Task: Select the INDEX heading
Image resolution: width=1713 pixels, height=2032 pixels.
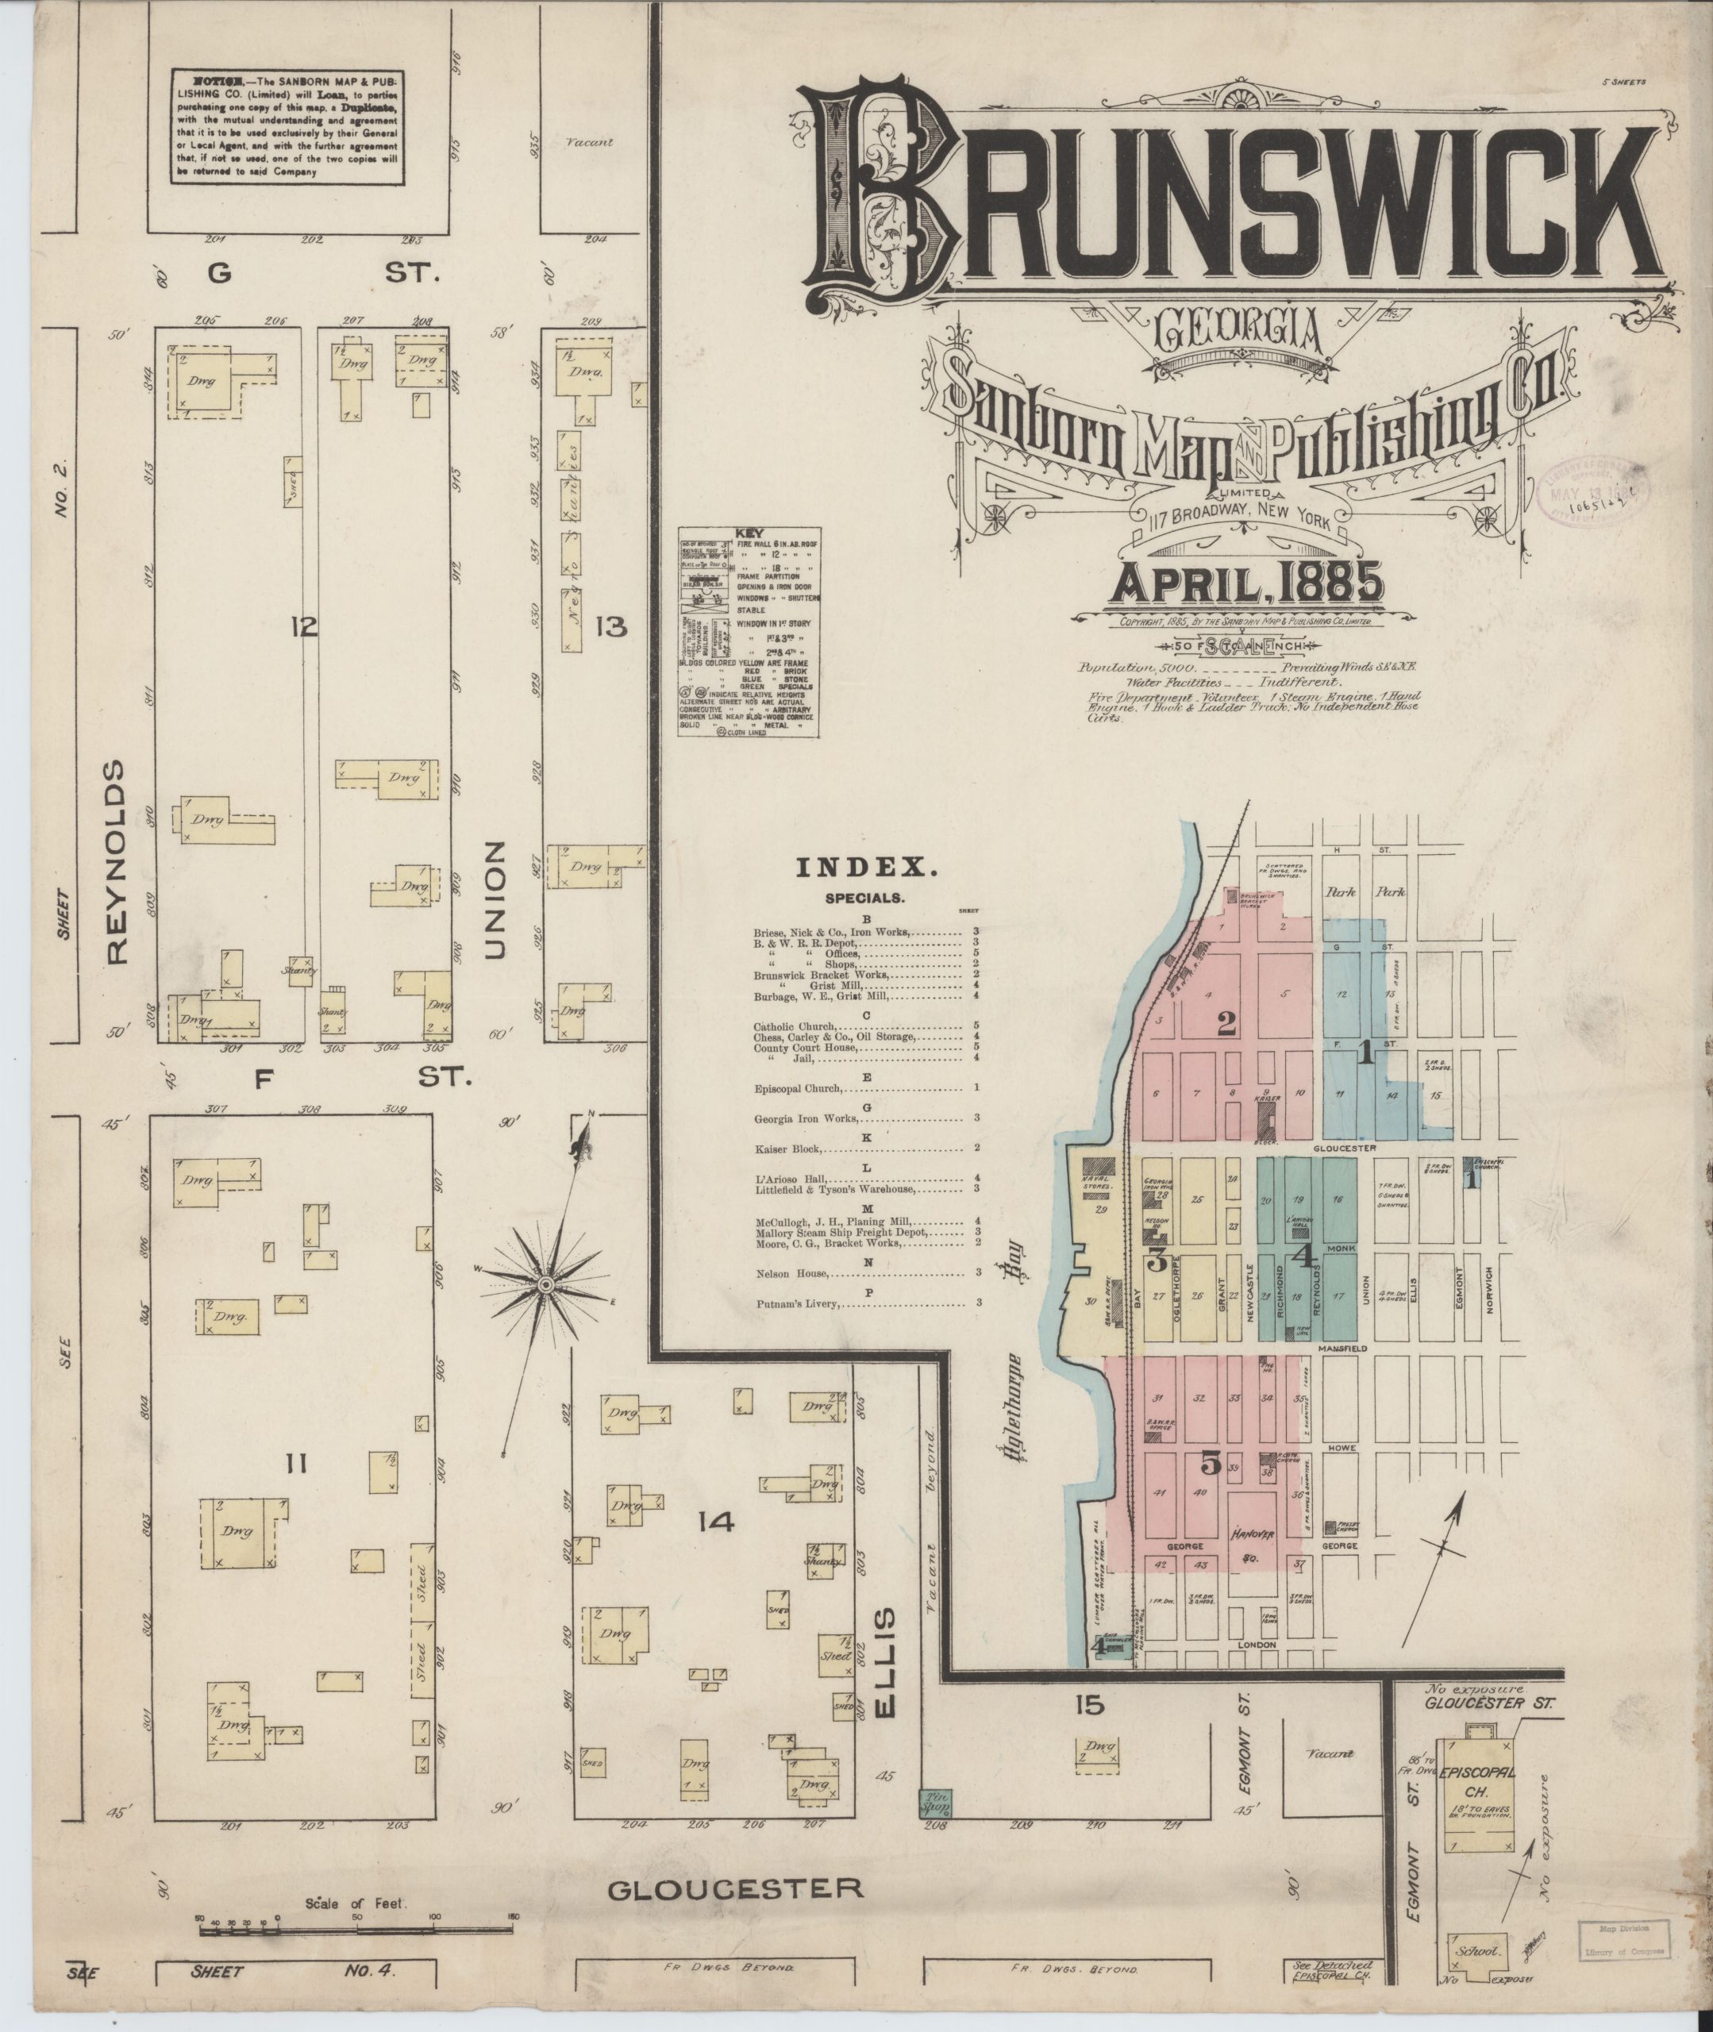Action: coord(867,868)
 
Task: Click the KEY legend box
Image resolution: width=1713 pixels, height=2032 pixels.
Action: coord(748,632)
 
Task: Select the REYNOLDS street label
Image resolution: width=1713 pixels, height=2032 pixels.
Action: coord(117,862)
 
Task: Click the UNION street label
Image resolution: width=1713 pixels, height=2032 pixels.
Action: coord(495,900)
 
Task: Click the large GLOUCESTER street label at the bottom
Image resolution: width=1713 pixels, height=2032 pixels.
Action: coord(735,1888)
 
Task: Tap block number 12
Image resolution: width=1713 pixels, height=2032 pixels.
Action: coord(303,626)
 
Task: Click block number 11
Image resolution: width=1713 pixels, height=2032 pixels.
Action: coord(295,1463)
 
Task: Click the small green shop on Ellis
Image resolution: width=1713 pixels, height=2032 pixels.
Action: coord(936,1804)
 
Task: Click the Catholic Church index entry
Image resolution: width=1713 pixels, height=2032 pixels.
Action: coord(795,1026)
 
